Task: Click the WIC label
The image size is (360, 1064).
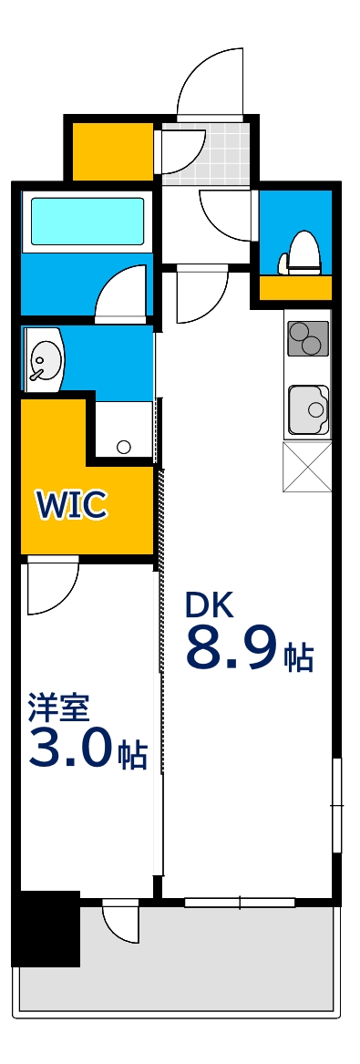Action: (72, 503)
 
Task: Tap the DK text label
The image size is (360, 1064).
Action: (210, 604)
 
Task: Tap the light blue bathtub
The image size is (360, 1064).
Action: (87, 220)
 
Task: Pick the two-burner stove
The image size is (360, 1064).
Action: (308, 339)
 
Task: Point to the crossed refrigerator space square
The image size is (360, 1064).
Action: (308, 467)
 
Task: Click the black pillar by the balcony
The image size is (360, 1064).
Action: (46, 928)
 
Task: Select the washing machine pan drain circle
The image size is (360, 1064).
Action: (124, 447)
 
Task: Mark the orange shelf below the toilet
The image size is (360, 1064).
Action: (295, 288)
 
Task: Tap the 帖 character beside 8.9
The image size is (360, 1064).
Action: (298, 656)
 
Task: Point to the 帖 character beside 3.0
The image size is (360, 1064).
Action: (132, 755)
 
